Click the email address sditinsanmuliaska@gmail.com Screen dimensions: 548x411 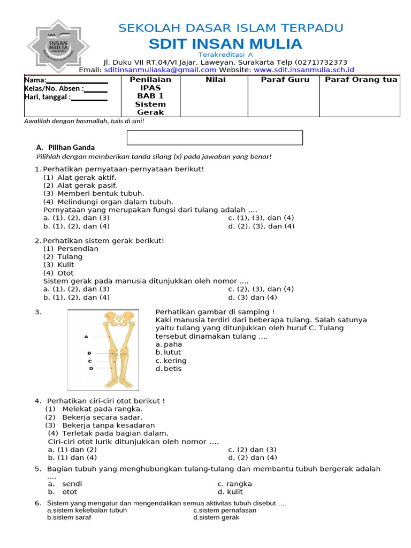[160, 70]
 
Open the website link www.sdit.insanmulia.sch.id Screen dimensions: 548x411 [303, 70]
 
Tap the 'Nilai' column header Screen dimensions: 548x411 [215, 80]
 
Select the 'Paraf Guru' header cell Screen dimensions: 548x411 [283, 80]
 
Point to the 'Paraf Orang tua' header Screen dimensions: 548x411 [361, 80]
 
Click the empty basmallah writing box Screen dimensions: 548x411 [215, 138]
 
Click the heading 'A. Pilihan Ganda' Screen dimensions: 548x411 [65, 147]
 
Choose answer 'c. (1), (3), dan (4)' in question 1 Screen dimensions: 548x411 [261, 218]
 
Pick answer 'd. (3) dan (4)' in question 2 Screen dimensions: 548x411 [253, 297]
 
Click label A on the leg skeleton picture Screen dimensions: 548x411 [86, 337]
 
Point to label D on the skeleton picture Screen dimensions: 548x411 [90, 368]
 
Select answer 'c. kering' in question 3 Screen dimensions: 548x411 [171, 361]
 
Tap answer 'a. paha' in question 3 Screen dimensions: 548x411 [168, 345]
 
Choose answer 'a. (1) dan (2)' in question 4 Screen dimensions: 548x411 [72, 450]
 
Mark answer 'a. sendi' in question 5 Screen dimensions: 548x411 [65, 484]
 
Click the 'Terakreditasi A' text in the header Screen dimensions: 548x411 [225, 55]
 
